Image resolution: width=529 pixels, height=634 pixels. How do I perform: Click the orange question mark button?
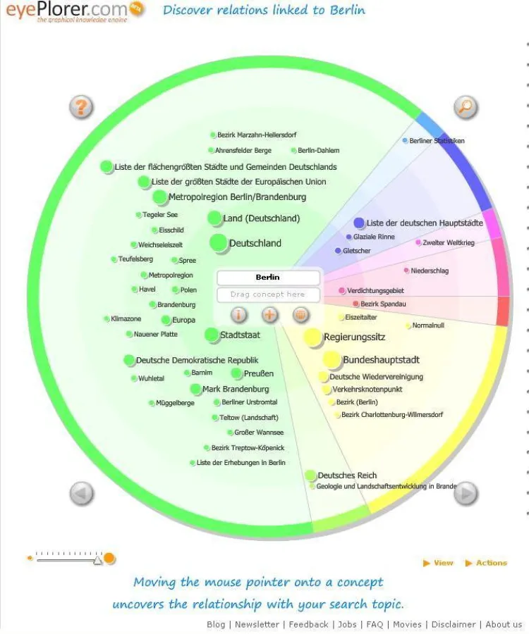click(81, 108)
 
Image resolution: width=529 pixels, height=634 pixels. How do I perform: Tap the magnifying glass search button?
click(465, 108)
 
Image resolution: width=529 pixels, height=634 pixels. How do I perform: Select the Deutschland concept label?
click(255, 243)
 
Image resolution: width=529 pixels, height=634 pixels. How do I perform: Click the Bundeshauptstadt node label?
click(381, 360)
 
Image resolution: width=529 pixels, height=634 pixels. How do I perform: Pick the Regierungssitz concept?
click(354, 337)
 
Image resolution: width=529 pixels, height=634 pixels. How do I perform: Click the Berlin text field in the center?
click(268, 278)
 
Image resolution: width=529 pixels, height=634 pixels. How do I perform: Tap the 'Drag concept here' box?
click(268, 294)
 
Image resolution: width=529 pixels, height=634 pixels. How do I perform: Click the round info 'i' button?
click(239, 315)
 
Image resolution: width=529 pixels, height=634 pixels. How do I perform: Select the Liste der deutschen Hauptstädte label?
click(425, 223)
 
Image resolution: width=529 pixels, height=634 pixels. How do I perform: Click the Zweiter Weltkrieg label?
click(449, 243)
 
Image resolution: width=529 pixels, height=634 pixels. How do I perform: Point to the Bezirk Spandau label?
click(383, 304)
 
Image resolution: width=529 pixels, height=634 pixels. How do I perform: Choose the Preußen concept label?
click(258, 373)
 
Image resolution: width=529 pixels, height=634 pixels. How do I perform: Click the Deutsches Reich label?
click(347, 475)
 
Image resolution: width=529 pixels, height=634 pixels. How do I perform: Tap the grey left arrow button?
click(81, 493)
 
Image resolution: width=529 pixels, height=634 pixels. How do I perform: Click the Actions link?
click(491, 563)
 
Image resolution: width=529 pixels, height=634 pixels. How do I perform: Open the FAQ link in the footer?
click(375, 624)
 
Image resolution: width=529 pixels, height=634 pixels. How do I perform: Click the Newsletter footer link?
click(257, 624)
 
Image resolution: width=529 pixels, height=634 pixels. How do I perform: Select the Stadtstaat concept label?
click(240, 335)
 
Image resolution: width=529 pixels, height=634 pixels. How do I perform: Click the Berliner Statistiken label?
click(437, 141)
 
